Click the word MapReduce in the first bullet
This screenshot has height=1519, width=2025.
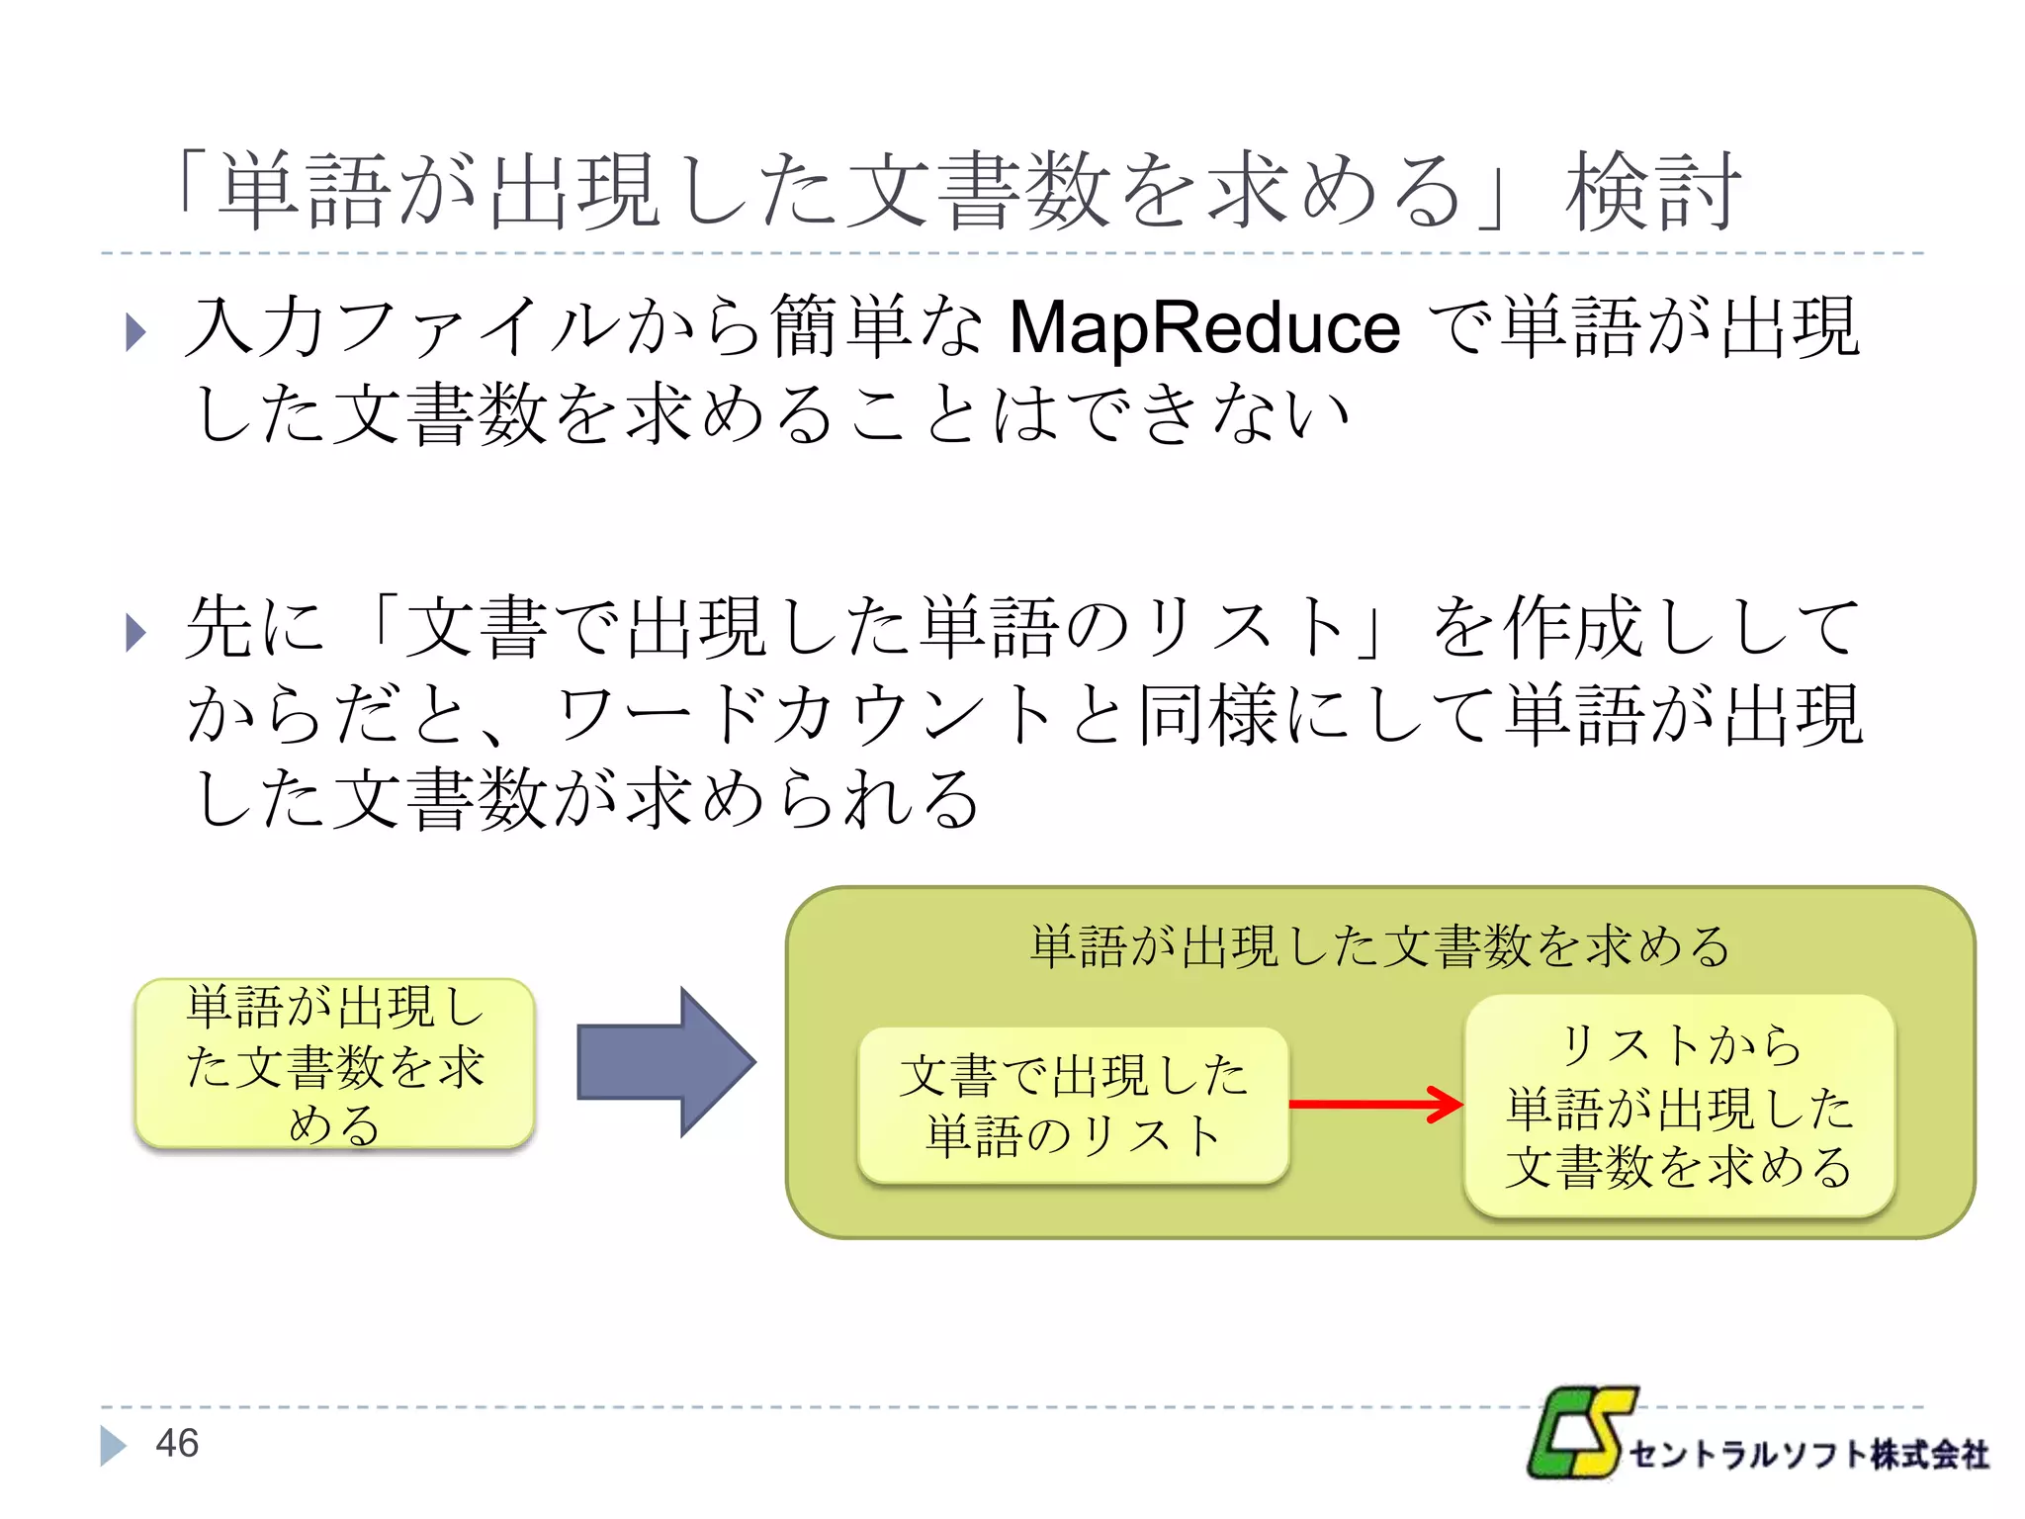1203,328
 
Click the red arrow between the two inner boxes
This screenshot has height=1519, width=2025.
1374,1104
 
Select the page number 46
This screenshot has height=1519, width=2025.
177,1444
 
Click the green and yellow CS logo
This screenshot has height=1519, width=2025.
1580,1433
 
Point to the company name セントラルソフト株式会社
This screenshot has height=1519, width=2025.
1807,1455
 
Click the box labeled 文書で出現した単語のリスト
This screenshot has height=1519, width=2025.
1074,1105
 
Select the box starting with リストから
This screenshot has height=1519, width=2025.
1679,1105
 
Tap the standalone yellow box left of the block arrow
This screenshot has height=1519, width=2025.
334,1064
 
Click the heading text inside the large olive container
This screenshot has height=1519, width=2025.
1379,946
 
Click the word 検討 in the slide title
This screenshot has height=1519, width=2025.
1652,192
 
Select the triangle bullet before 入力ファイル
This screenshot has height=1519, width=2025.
136,332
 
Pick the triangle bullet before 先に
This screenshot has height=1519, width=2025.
136,633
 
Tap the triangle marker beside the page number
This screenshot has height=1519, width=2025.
113,1445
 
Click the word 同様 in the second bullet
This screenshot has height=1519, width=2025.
1208,715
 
